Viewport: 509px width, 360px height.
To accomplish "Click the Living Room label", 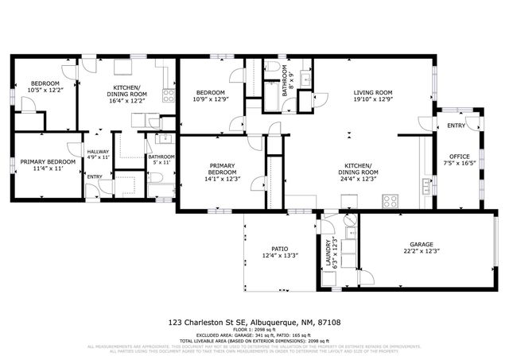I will coord(373,92).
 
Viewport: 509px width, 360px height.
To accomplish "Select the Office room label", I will coord(459,157).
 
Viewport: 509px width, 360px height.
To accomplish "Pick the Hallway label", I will coord(98,152).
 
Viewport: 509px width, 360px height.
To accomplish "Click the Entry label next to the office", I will coord(456,126).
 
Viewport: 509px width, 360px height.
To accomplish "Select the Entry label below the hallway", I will coord(94,176).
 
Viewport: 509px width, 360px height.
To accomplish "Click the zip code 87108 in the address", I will coord(328,323).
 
